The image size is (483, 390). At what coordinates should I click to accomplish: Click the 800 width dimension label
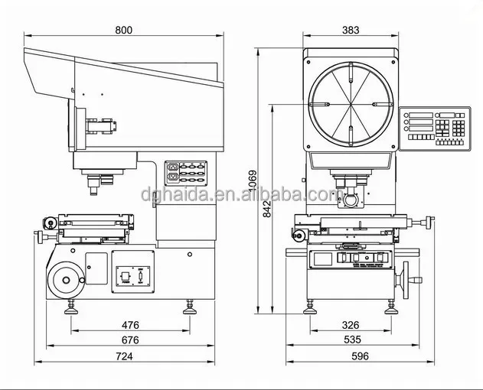pos(123,30)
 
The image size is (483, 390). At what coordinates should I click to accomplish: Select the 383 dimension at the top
pos(351,30)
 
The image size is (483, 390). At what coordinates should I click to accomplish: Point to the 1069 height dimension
pos(253,181)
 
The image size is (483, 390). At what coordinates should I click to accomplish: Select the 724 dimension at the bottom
pos(123,356)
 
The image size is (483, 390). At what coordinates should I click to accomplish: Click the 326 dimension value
pos(351,325)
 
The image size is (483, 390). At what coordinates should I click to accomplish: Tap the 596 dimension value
pos(360,356)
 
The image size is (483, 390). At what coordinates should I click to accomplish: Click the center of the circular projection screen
pos(351,105)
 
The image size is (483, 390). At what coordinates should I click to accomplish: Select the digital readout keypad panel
pos(436,128)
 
